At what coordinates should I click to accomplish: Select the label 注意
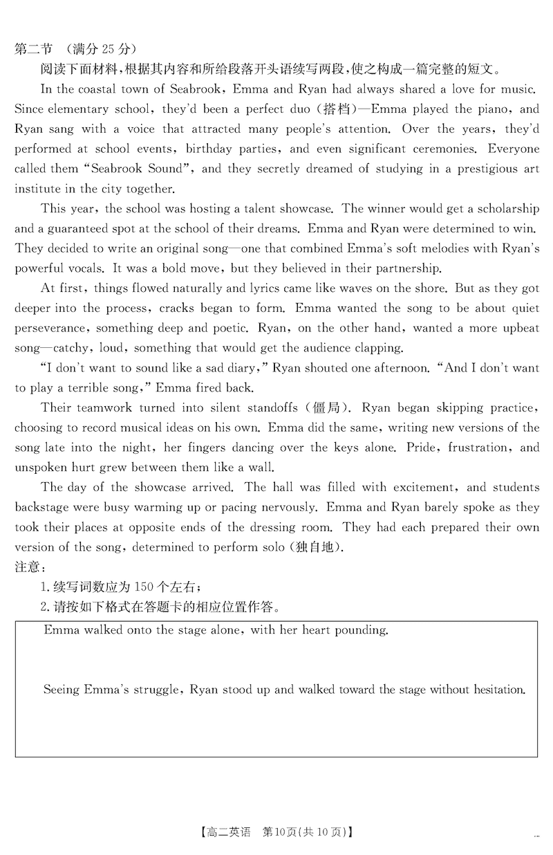[28, 568]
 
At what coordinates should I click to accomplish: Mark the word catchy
[71, 348]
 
